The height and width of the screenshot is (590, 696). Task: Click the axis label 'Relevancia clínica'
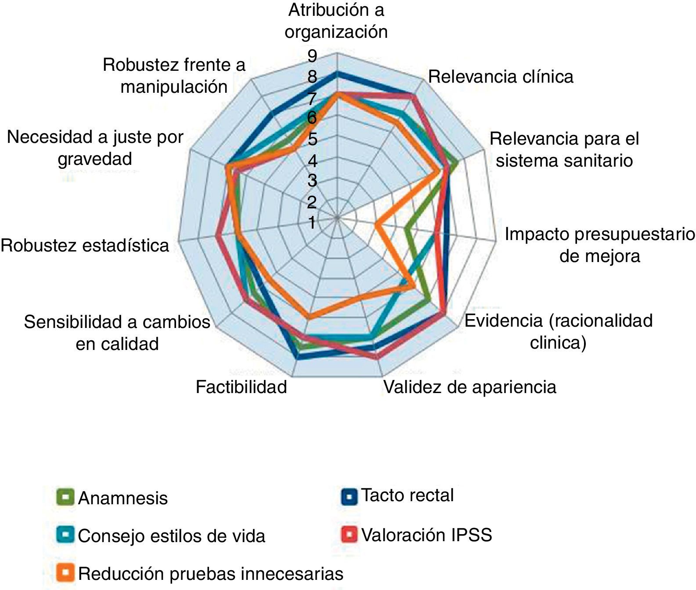click(501, 77)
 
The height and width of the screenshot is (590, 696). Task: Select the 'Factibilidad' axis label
click(241, 387)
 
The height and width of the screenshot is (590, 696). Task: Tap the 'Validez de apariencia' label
click(470, 387)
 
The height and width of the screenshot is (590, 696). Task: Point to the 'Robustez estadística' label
click(85, 245)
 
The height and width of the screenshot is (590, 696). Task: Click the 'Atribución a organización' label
click(336, 21)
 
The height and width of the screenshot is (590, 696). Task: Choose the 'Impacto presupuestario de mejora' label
click(599, 245)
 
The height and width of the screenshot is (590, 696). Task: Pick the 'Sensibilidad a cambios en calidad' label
click(117, 333)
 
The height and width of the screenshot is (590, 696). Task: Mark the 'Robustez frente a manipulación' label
click(174, 76)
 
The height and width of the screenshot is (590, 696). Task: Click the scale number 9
click(312, 56)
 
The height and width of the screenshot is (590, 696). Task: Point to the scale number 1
click(312, 222)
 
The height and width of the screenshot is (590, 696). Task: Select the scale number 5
click(312, 139)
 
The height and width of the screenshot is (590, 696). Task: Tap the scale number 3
click(312, 181)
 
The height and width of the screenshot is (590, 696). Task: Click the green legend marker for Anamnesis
click(65, 497)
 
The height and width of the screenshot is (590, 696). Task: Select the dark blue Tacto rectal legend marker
click(350, 496)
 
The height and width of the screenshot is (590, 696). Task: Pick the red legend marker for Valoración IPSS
click(350, 535)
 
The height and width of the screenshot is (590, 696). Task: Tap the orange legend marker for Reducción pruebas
click(65, 573)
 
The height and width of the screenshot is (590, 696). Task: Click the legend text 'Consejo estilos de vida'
click(172, 536)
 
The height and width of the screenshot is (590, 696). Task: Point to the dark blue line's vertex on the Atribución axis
click(337, 73)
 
